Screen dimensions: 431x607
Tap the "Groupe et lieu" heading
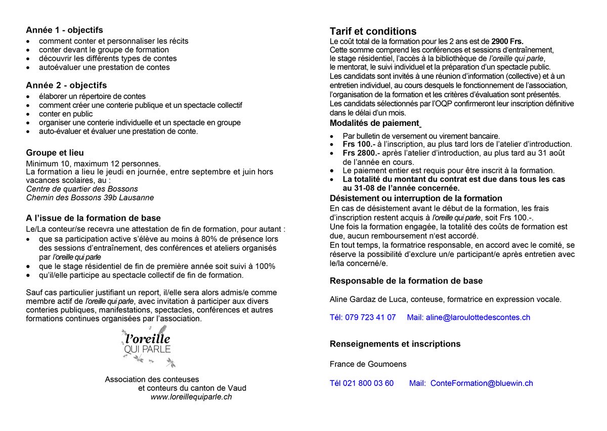[55, 153]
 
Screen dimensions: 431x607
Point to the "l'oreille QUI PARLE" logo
[147, 344]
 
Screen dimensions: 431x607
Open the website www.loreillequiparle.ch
[191, 397]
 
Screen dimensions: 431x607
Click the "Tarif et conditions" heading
[373, 31]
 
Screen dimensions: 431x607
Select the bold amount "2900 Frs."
[507, 41]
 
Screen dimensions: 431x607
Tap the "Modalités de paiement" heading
[374, 123]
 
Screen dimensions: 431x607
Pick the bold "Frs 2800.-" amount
[361, 153]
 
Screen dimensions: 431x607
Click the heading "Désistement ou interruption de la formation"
[416, 198]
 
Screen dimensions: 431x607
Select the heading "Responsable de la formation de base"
[406, 281]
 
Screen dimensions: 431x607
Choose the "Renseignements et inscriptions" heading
[395, 344]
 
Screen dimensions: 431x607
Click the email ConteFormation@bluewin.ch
[482, 383]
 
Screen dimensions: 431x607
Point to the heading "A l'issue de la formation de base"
[93, 219]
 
